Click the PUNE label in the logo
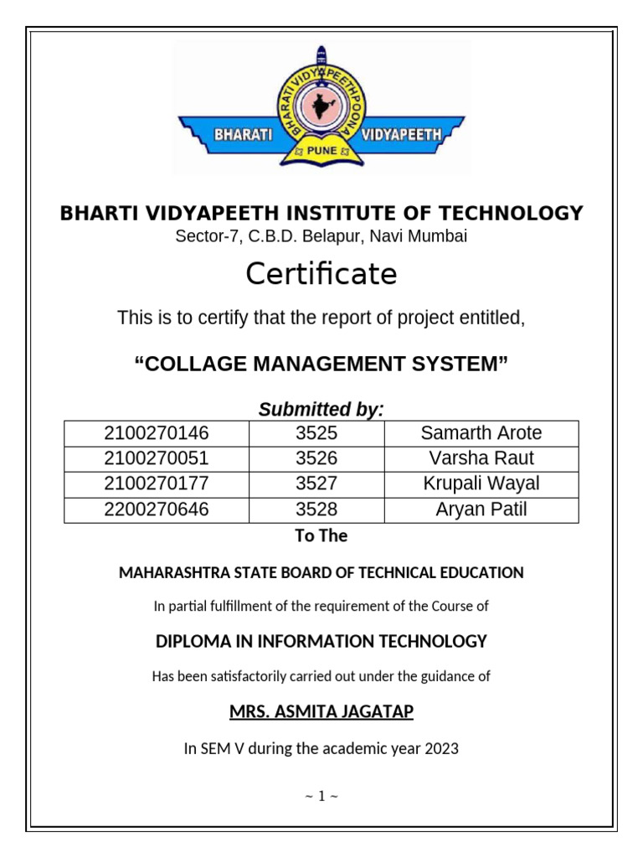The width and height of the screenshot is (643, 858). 322,151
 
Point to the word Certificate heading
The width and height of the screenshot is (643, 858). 321,274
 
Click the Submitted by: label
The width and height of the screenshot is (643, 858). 321,410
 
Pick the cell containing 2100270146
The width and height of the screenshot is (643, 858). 157,433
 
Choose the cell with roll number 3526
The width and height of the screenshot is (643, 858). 316,458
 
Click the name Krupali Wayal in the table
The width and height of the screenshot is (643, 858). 481,483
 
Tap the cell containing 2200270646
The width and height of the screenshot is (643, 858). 157,509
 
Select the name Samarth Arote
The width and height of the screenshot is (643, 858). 481,433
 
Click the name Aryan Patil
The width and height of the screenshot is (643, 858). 481,509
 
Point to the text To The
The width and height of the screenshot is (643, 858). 321,536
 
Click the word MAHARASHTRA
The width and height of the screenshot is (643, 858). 172,573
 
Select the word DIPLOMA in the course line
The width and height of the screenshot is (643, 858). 188,642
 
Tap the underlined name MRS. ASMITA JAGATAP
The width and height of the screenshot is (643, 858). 321,712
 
